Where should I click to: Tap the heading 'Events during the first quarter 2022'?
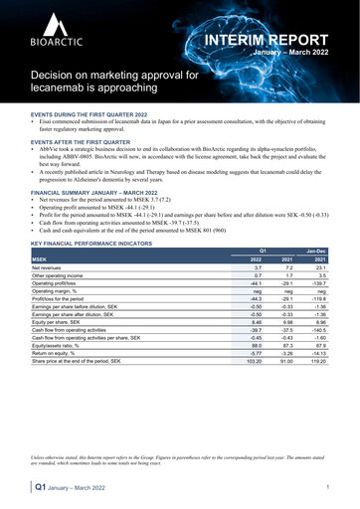90,114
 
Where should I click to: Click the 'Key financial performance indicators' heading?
91,242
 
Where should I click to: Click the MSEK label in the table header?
41,258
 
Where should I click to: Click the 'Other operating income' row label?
63,275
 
